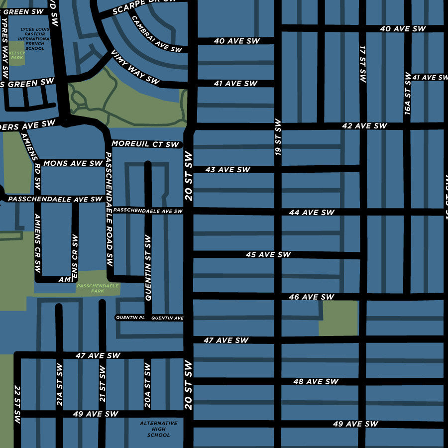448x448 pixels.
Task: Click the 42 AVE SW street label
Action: pyautogui.click(x=364, y=126)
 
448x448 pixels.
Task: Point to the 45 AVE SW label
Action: pyautogui.click(x=268, y=254)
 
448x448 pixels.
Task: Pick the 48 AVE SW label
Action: pyautogui.click(x=316, y=382)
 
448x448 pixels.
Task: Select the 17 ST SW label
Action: pyautogui.click(x=362, y=64)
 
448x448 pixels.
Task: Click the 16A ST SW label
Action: pyautogui.click(x=408, y=94)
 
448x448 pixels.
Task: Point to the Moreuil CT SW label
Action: pyautogui.click(x=145, y=144)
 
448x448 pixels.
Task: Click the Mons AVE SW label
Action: pyautogui.click(x=73, y=163)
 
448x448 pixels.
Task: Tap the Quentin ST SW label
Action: pyautogui.click(x=148, y=268)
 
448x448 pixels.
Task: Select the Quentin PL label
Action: pyautogui.click(x=130, y=318)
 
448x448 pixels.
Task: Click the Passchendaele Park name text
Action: pyautogui.click(x=98, y=288)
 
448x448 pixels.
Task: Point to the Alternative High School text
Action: pyautogui.click(x=158, y=429)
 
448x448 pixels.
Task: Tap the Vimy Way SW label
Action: pyautogui.click(x=135, y=67)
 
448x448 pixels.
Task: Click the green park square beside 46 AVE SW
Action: pyautogui.click(x=338, y=318)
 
